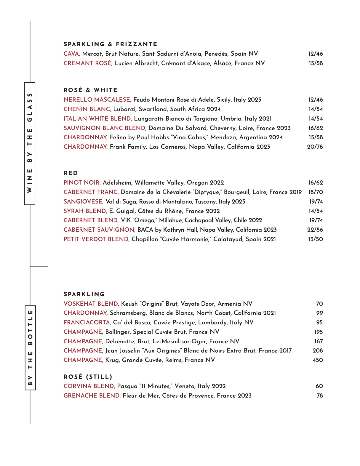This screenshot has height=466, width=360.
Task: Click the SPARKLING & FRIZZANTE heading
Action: [x=110, y=44]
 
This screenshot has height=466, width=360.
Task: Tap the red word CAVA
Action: [x=72, y=54]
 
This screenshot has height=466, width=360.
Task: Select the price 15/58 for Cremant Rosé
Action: [x=315, y=63]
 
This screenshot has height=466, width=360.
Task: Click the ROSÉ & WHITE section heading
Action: [x=90, y=90]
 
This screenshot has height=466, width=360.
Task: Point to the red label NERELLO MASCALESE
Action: [x=97, y=100]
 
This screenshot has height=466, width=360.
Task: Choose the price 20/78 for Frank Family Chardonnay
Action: [x=315, y=147]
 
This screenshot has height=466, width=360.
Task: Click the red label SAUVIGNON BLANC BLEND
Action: [x=105, y=128]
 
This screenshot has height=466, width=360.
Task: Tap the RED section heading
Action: [x=71, y=173]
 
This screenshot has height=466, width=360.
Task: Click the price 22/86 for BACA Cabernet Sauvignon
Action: [x=315, y=230]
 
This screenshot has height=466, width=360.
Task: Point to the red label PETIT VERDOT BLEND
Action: [x=97, y=239]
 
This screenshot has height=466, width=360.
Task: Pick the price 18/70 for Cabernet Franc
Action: [x=315, y=192]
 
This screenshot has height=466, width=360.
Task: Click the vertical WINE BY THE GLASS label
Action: [x=30, y=143]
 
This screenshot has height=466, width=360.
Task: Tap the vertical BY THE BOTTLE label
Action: [x=30, y=348]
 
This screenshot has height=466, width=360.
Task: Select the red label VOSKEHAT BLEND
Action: [x=91, y=304]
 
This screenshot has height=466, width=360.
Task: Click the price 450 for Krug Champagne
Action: [x=317, y=360]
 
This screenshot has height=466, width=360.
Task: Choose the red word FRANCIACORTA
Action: [x=87, y=323]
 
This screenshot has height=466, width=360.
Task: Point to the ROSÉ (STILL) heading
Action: [x=88, y=377]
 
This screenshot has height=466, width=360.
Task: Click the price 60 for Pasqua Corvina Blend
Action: [x=319, y=386]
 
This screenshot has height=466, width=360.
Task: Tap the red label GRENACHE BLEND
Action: [x=92, y=396]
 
